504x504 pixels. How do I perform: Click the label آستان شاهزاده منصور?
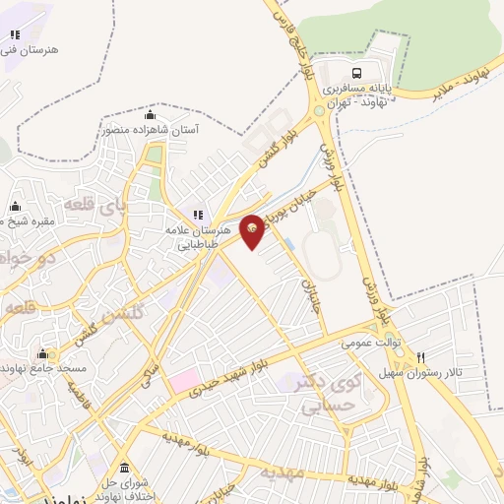[x=150, y=129]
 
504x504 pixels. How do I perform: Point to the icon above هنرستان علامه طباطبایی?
[x=198, y=215]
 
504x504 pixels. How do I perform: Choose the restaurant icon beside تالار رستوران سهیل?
[x=421, y=357]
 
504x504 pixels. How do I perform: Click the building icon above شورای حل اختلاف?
[x=123, y=467]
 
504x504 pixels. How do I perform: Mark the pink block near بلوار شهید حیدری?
[x=185, y=380]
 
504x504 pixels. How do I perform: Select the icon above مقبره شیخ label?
[x=15, y=207]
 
